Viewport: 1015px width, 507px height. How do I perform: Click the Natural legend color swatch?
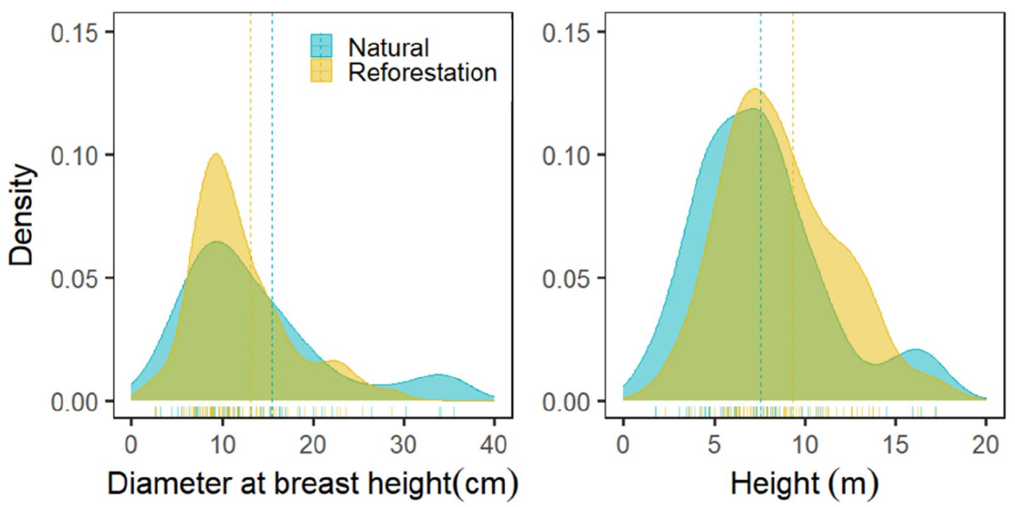click(x=321, y=47)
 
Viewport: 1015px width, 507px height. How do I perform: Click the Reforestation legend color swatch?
click(x=321, y=72)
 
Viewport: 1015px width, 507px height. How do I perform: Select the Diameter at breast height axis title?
click(x=312, y=484)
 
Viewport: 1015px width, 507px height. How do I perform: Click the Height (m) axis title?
click(x=804, y=484)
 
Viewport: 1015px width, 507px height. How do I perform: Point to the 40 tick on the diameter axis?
click(x=494, y=445)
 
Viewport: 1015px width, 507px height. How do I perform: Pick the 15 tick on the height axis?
click(x=895, y=445)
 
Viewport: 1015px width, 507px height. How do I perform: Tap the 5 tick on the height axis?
click(x=714, y=445)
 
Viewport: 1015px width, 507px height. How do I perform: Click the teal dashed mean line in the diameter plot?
click(x=272, y=188)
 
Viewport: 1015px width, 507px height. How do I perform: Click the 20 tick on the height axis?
click(x=985, y=445)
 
